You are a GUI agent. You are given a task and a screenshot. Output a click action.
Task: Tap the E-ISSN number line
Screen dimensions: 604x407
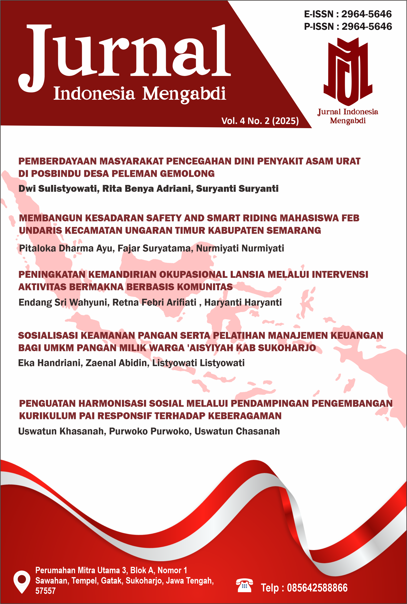click(348, 14)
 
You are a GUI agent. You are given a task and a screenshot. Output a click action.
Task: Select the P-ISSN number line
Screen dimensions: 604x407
click(348, 26)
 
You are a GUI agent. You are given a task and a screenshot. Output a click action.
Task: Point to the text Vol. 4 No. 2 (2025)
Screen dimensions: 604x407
click(260, 121)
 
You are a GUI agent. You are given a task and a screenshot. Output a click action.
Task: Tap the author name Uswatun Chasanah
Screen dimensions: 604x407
click(237, 431)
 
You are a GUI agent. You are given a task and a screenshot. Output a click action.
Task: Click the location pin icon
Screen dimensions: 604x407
click(22, 581)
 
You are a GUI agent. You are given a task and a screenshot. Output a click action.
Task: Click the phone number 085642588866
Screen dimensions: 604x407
click(317, 588)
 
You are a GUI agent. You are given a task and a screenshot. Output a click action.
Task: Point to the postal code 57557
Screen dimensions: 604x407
click(45, 591)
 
